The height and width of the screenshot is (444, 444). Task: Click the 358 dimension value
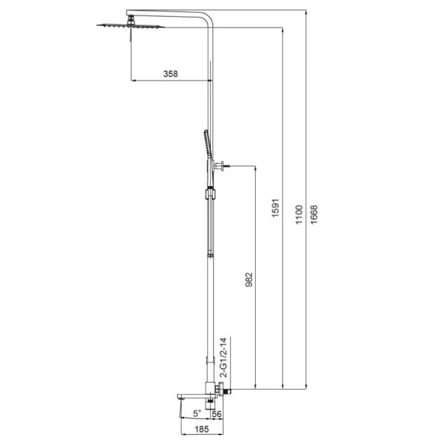(170, 74)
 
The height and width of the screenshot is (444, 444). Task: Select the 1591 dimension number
(275, 208)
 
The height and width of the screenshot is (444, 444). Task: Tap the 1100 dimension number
(299, 215)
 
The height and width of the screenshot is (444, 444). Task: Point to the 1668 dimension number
(314, 215)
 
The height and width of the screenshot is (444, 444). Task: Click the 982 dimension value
(249, 280)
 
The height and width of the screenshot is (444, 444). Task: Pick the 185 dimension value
(201, 429)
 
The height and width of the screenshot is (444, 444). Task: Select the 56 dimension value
(216, 413)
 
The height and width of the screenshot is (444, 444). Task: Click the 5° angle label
(197, 413)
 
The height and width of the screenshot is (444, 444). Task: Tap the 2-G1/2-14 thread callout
(224, 357)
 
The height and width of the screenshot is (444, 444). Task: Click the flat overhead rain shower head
(130, 26)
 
